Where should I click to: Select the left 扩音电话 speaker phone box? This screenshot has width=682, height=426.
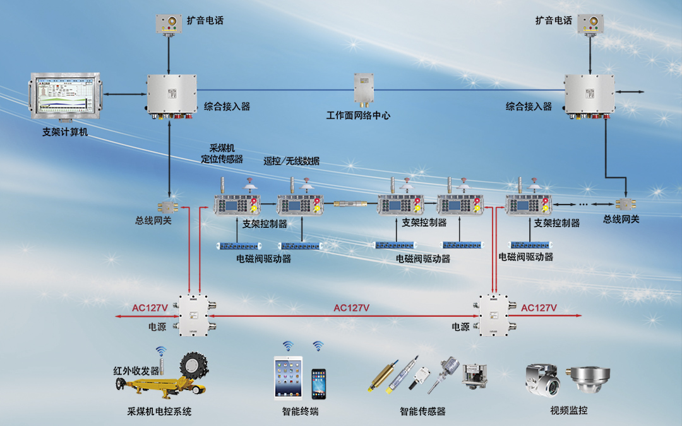[169, 23]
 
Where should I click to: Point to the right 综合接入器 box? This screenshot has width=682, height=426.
[589, 95]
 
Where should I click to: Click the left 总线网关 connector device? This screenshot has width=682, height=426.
[169, 206]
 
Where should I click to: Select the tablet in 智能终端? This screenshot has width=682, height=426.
[289, 377]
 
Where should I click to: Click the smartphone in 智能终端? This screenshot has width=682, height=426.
[319, 383]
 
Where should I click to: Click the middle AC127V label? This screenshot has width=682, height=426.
[351, 308]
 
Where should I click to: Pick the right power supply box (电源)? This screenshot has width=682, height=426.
[494, 316]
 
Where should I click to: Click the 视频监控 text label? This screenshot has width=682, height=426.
[568, 411]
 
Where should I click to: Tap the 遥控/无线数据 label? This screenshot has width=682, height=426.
[291, 161]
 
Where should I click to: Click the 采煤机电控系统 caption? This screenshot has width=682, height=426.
[159, 411]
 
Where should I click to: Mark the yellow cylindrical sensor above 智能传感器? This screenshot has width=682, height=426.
[381, 377]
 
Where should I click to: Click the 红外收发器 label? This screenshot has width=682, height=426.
[136, 370]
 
